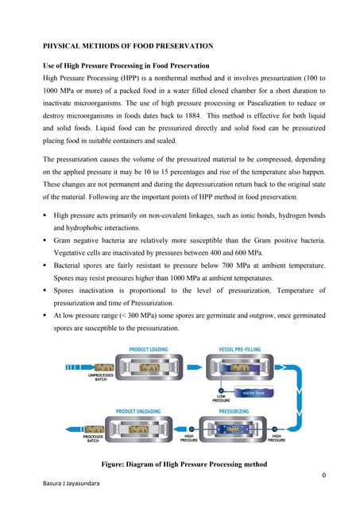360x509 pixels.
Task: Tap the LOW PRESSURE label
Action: [x=221, y=398]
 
